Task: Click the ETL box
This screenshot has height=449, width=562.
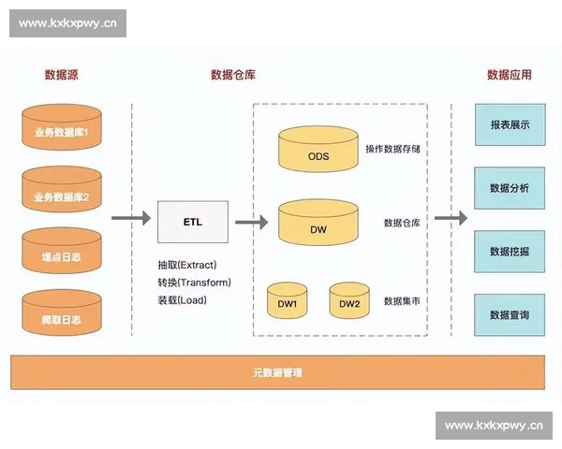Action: pyautogui.click(x=192, y=222)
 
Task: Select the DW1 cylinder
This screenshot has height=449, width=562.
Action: pyautogui.click(x=288, y=301)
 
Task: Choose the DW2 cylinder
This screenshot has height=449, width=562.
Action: pyautogui.click(x=349, y=301)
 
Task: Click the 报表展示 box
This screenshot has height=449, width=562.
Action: pyautogui.click(x=510, y=124)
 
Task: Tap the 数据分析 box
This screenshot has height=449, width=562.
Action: pyautogui.click(x=510, y=188)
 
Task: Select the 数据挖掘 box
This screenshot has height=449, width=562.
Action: pyautogui.click(x=510, y=252)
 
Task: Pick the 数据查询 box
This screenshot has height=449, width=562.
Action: pyautogui.click(x=510, y=315)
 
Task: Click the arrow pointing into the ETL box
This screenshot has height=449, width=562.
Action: pyautogui.click(x=131, y=219)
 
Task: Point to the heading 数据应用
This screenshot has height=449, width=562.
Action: pyautogui.click(x=509, y=75)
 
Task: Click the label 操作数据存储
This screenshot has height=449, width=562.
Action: pyautogui.click(x=392, y=149)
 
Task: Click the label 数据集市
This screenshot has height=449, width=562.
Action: pyautogui.click(x=402, y=301)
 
